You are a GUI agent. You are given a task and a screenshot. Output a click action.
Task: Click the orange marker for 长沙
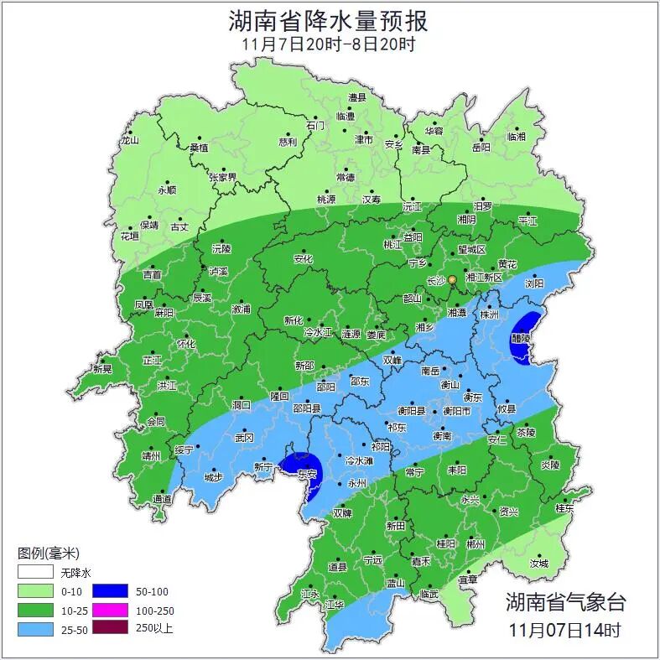[x=451, y=279]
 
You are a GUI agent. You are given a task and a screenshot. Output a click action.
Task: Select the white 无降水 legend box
[x=35, y=574]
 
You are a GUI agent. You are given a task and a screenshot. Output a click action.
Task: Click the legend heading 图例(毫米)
[x=49, y=553]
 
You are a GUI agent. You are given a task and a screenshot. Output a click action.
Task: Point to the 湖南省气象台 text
[x=565, y=600]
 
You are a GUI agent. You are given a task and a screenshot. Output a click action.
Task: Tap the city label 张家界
[x=223, y=178]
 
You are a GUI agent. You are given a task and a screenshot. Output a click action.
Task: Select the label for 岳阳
[x=481, y=148]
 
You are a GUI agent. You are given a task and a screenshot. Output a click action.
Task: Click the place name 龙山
[x=129, y=140]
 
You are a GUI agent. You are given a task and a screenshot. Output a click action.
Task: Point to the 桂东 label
[x=564, y=508]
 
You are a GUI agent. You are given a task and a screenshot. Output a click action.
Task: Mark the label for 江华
[x=335, y=605]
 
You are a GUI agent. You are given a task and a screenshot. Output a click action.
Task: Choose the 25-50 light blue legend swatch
[x=35, y=627]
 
